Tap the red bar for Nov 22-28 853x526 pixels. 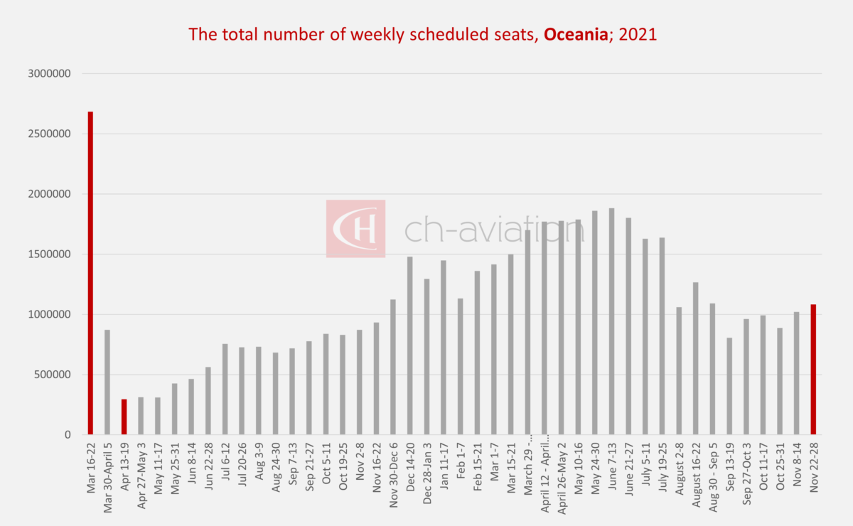813,370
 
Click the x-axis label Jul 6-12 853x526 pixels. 225,466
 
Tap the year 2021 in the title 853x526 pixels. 638,34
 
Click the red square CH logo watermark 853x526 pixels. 356,228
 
